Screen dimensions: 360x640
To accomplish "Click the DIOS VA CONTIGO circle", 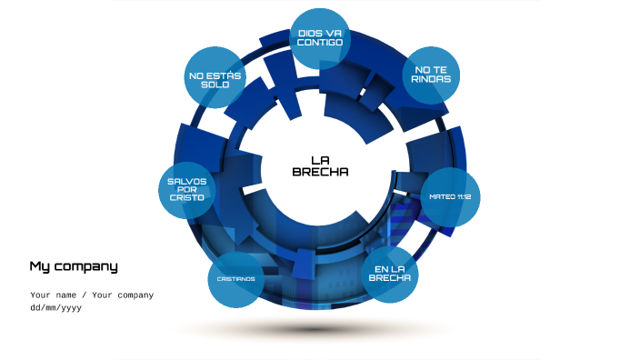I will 320,38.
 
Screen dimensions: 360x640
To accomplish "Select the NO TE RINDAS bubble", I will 431,75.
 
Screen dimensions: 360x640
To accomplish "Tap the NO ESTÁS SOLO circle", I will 215,78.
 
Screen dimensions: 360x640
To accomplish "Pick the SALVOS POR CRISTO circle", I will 187,191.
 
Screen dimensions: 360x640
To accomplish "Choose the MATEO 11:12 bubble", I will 450,196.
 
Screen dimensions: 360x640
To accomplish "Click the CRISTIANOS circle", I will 235,278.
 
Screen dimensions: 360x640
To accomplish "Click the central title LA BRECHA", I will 320,165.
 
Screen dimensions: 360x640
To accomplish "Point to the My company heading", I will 74,266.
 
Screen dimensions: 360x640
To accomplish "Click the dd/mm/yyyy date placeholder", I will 56,307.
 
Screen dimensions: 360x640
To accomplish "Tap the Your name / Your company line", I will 92,295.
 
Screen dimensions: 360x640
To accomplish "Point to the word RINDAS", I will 431,79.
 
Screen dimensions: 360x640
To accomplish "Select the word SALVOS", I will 187,181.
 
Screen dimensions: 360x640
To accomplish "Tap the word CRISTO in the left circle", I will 187,198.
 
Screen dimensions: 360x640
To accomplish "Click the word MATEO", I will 443,196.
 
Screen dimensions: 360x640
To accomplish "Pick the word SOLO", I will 215,84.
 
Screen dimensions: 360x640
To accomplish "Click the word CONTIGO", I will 320,43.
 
